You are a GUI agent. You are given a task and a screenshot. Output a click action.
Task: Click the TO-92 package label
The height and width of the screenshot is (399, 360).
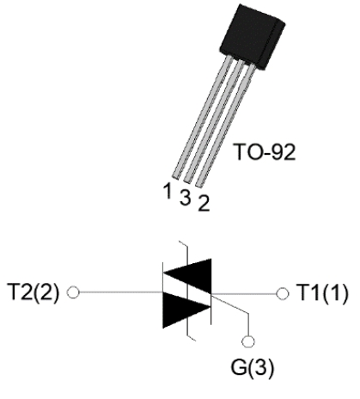point(265,152)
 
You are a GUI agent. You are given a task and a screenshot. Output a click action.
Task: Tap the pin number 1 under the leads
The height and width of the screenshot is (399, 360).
point(168,191)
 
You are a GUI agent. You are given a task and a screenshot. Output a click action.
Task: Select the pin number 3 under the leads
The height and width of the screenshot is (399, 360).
point(186,198)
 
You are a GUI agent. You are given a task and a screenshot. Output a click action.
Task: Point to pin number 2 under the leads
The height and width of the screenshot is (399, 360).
point(204,203)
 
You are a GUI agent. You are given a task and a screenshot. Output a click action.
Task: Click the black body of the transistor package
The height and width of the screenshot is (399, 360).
point(252,36)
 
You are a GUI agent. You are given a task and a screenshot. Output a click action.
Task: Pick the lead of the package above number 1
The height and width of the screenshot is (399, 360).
point(202,117)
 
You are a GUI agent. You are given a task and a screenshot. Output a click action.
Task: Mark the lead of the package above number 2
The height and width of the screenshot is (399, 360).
point(225,126)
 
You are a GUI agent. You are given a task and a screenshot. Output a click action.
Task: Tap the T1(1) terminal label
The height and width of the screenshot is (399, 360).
point(322,293)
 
